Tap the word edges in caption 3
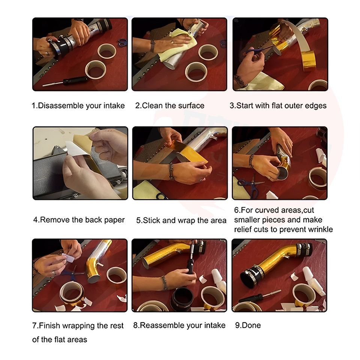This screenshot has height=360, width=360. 315,106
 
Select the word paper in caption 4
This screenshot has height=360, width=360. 114,220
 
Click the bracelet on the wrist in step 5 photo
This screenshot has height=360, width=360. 171,171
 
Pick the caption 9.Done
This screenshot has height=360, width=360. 248,325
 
